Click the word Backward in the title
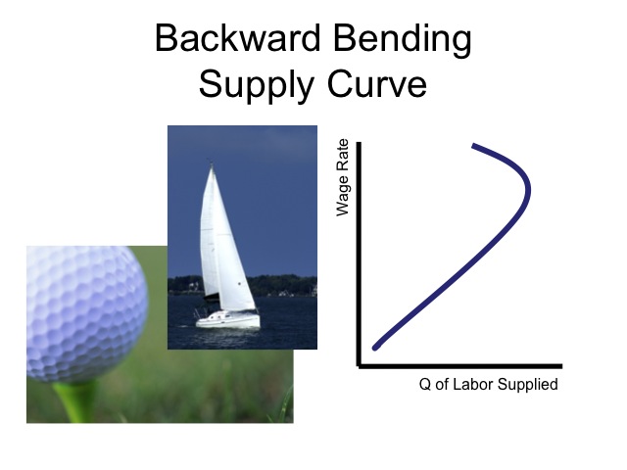(x=237, y=38)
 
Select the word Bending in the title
(x=402, y=41)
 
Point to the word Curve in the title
(x=376, y=83)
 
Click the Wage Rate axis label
(x=343, y=177)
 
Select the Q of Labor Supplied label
(x=488, y=385)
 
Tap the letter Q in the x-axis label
(x=425, y=385)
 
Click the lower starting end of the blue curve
(x=375, y=348)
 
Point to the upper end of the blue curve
(x=474, y=146)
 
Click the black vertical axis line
(x=359, y=254)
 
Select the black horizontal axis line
(x=459, y=366)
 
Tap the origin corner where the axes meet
(x=360, y=365)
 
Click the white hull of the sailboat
(x=228, y=320)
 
